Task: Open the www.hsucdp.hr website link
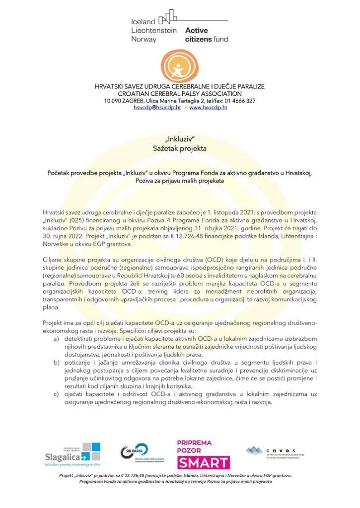click(x=208, y=108)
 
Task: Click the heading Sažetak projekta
click(x=180, y=148)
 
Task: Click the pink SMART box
click(x=203, y=463)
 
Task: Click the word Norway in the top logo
click(x=144, y=39)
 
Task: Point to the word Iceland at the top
click(x=143, y=22)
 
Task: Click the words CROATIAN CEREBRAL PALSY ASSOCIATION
click(x=180, y=94)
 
